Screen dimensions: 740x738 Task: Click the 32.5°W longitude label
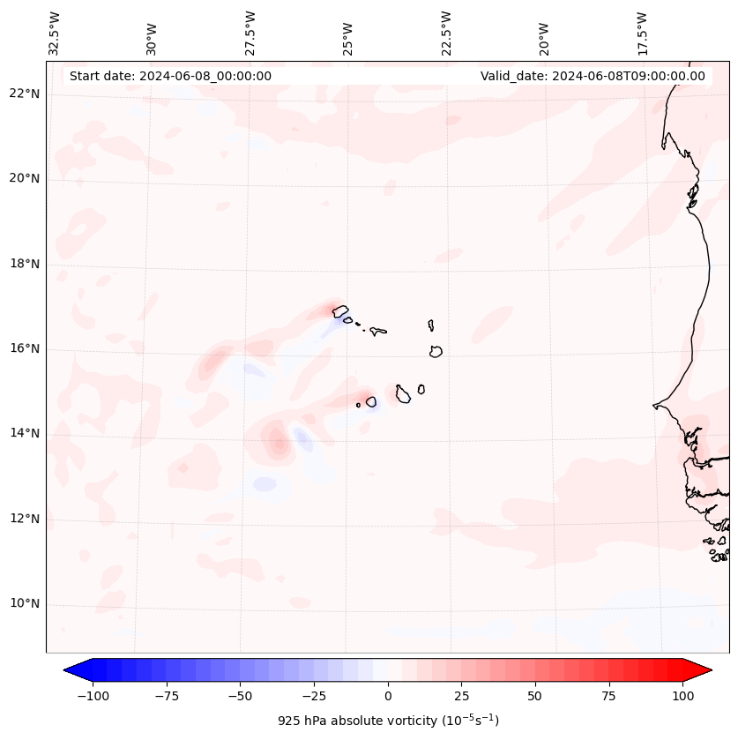[55, 34]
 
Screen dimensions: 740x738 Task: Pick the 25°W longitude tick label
[348, 34]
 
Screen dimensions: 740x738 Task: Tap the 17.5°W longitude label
[642, 34]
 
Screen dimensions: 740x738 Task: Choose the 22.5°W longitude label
[446, 34]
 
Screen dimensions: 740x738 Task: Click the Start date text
[170, 76]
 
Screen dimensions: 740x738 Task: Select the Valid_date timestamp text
[593, 76]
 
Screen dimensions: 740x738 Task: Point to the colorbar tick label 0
[388, 696]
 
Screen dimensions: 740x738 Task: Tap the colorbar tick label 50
[535, 696]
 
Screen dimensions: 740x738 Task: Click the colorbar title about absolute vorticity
[388, 721]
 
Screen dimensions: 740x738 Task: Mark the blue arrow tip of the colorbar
[71, 670]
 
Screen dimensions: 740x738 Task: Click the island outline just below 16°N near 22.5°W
[436, 351]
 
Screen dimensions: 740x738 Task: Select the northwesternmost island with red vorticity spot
[339, 310]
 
